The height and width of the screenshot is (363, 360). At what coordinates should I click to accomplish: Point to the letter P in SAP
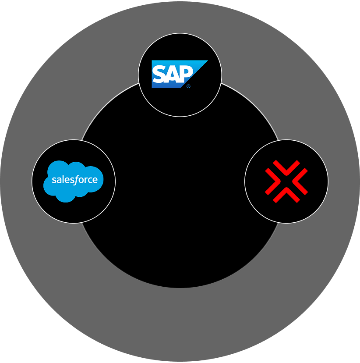point(184,74)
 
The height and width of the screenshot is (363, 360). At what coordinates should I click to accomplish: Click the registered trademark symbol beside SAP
point(188,86)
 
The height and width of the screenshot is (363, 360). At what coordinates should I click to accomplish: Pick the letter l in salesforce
point(61,179)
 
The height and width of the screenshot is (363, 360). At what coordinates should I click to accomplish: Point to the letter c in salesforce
point(91,180)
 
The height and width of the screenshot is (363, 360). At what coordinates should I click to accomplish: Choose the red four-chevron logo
point(286,181)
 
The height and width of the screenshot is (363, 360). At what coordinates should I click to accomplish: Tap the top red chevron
point(286,168)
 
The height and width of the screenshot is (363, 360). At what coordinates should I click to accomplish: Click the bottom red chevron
point(286,195)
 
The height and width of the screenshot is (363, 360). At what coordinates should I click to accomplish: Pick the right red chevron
point(300,181)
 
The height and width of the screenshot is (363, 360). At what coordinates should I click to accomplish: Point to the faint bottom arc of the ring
point(180,287)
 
